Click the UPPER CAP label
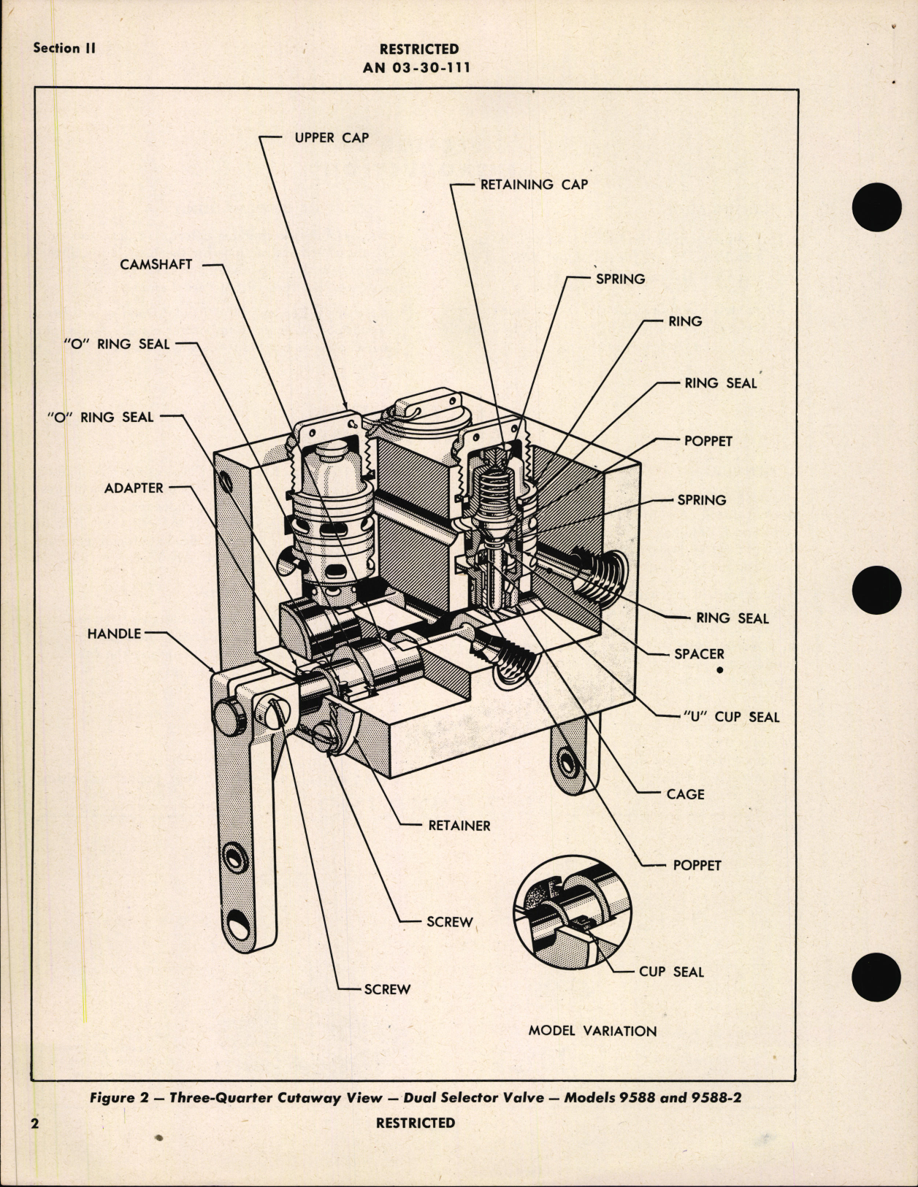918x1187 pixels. [332, 138]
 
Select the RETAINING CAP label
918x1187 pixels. [534, 185]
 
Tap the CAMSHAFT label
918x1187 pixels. [156, 264]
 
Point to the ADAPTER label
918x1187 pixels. [134, 488]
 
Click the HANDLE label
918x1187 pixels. [114, 634]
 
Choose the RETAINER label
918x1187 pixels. [459, 826]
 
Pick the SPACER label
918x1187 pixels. [699, 654]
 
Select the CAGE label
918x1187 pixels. [685, 794]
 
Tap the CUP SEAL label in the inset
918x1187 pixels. [671, 972]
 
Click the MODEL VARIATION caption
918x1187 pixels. [592, 1031]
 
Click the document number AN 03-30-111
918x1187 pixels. [416, 68]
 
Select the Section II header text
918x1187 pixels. [64, 48]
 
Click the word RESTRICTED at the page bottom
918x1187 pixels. [415, 1123]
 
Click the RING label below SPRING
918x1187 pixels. [684, 321]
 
